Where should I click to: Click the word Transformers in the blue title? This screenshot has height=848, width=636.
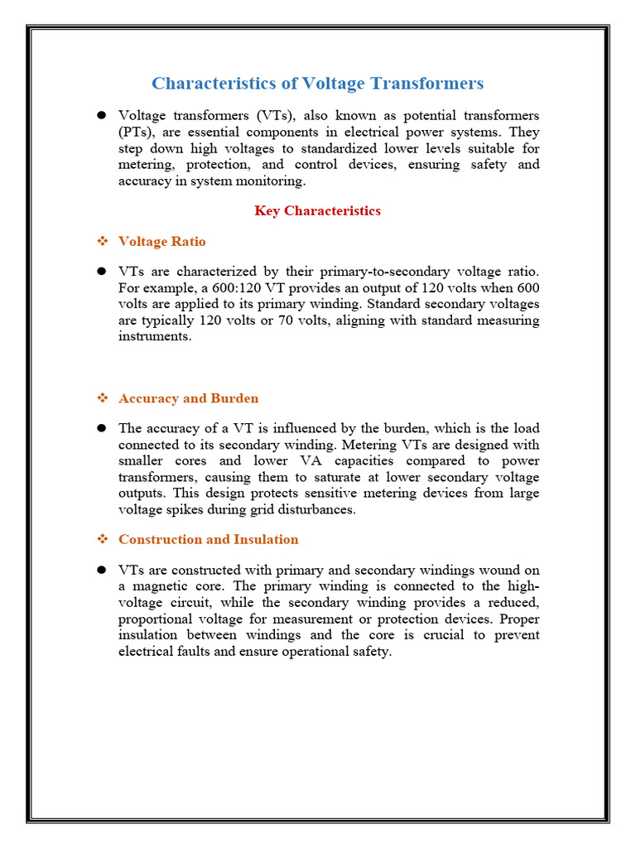426,84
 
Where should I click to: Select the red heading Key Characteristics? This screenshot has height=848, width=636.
317,210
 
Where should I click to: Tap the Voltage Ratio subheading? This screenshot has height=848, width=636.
161,242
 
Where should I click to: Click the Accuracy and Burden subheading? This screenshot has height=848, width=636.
188,398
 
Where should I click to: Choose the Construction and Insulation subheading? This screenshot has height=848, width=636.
208,539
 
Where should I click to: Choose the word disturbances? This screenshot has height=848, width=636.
313,509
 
